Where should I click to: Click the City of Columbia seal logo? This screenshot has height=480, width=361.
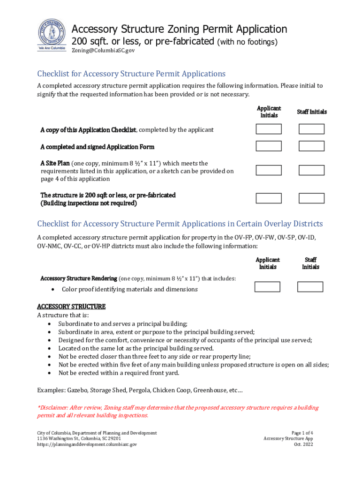click(52, 36)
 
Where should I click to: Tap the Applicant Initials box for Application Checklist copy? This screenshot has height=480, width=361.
click(269, 129)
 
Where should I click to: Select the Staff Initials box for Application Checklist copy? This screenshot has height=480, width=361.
click(311, 129)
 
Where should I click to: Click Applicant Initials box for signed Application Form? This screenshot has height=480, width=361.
click(269, 146)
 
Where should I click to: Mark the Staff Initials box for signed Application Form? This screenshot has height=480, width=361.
click(311, 146)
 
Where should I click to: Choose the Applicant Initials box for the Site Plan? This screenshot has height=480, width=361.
click(269, 171)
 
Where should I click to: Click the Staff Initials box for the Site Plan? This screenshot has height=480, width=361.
click(311, 171)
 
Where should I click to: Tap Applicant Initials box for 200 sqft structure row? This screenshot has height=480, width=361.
click(269, 198)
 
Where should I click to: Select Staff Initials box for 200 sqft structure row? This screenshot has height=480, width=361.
click(311, 198)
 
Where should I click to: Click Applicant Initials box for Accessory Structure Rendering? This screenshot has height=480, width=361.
click(267, 287)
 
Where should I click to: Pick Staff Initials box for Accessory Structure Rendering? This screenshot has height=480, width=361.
click(309, 287)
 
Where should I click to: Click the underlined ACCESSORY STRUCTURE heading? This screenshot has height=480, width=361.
click(71, 307)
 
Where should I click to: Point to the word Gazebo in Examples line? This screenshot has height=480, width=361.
click(77, 390)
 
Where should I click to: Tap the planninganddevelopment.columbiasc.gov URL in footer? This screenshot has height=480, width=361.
click(87, 444)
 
